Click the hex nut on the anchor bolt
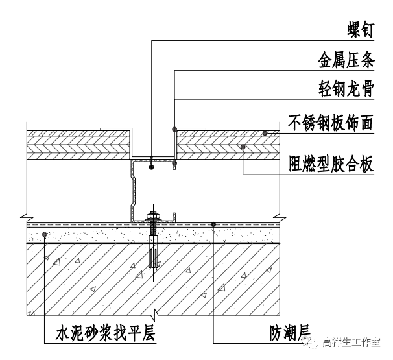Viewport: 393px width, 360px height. coord(154,217)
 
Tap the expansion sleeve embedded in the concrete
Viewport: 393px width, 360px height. coord(154,255)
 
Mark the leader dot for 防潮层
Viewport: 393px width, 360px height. coord(213,224)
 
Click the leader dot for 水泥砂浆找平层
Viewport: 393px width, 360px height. coord(44,234)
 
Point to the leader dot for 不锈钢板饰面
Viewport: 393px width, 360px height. coord(265,133)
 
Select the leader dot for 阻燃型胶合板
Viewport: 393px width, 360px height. coord(242,147)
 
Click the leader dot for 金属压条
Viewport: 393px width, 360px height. coord(174,128)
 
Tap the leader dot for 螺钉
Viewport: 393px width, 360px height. coord(151,167)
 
